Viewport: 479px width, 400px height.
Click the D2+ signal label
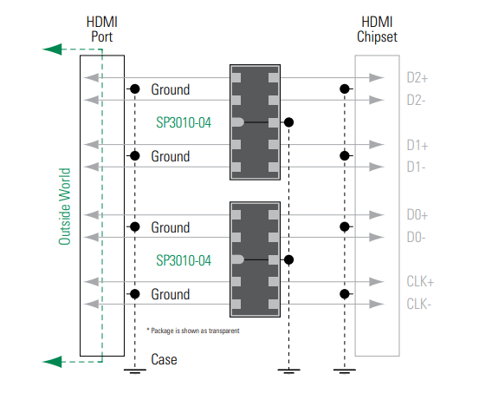tap(418, 78)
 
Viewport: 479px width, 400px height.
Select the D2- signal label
tap(418, 100)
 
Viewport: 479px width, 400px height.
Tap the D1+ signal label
tap(418, 145)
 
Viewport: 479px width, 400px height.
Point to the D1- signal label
tap(418, 166)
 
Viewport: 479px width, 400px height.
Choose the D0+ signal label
tap(418, 215)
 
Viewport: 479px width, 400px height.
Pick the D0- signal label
tap(418, 236)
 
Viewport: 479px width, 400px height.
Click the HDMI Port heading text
tap(101, 28)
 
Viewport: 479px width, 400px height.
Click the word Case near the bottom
tap(165, 359)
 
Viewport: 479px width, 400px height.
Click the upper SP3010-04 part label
tap(183, 122)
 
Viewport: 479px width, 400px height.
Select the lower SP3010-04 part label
tap(183, 259)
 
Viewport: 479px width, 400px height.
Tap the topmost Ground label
tap(170, 89)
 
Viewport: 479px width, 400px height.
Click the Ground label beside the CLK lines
tap(170, 295)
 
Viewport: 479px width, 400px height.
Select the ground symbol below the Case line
tap(134, 372)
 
